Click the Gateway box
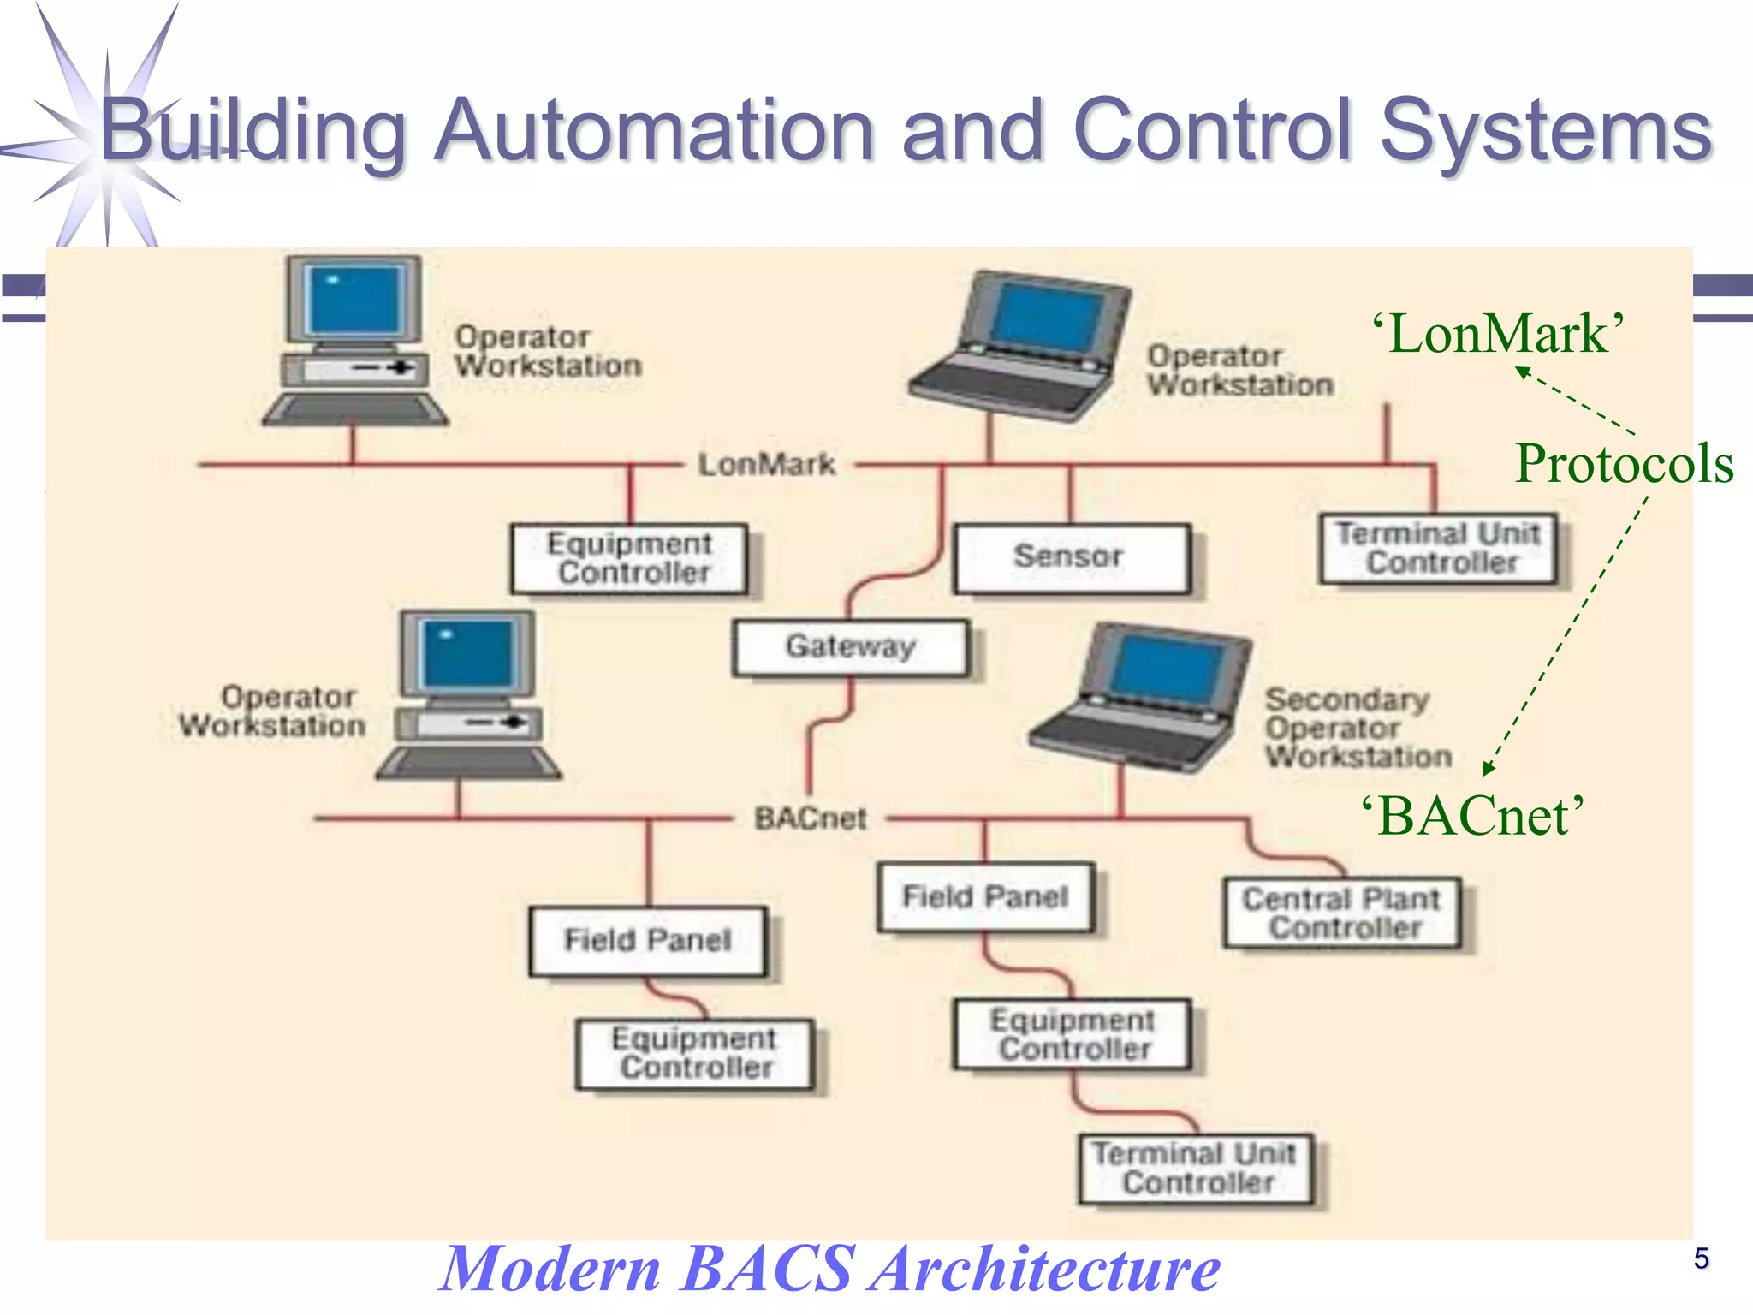point(851,647)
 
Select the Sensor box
point(1071,557)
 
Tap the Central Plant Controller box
point(1341,913)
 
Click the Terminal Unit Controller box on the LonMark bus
point(1438,549)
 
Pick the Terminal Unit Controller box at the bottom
point(1196,1169)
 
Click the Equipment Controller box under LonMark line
point(629,558)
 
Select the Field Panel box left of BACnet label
point(647,940)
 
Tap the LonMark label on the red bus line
point(767,465)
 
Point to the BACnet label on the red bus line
point(810,818)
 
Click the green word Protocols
point(1624,464)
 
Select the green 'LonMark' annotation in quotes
point(1498,334)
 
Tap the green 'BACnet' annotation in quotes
point(1472,816)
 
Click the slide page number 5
point(1701,1258)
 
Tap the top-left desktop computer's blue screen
point(354,300)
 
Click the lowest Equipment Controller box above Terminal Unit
point(1073,1034)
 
